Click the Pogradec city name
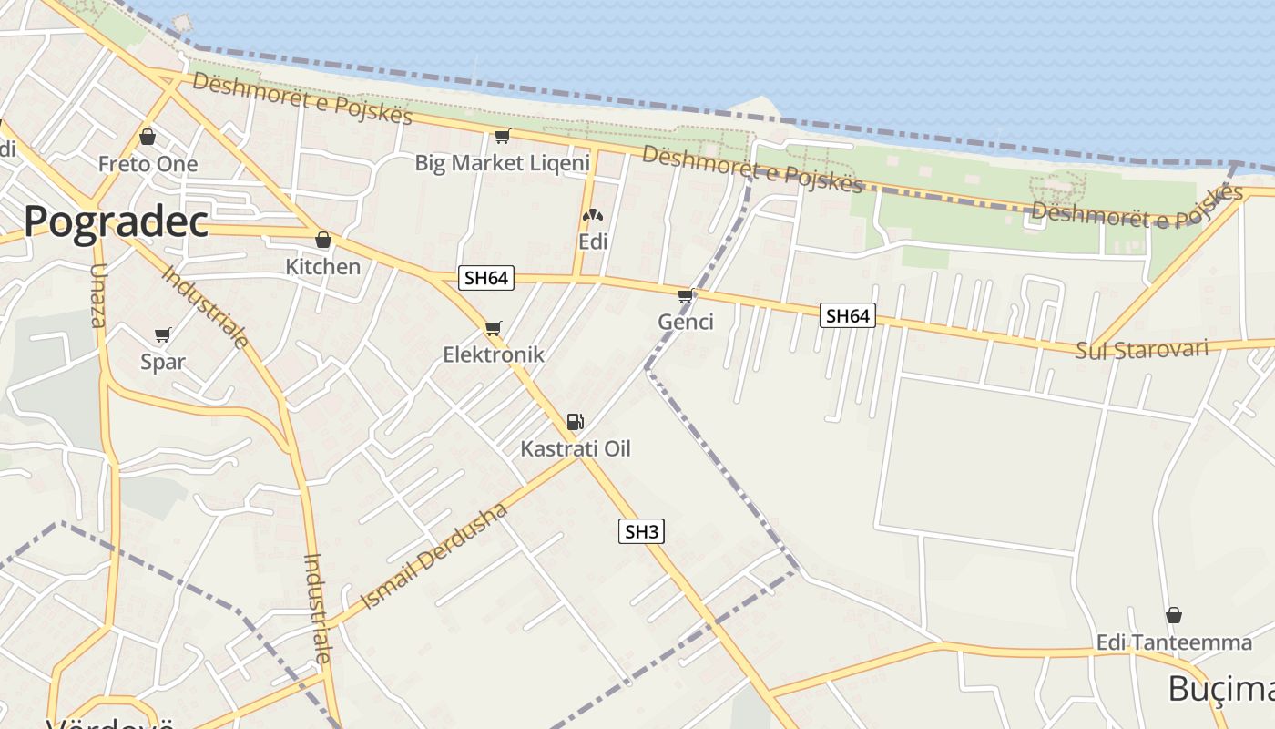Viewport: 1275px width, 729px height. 117,221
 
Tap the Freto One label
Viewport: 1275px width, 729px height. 148,165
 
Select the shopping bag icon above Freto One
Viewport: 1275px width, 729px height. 148,138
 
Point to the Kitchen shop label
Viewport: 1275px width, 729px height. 323,267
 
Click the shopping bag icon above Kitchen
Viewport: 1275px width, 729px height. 322,241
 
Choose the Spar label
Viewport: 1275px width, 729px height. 163,362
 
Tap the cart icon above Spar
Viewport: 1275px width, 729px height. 163,334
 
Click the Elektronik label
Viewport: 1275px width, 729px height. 493,354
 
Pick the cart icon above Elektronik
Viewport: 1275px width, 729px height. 494,328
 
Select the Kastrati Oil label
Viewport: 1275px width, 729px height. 575,448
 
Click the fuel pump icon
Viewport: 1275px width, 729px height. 575,422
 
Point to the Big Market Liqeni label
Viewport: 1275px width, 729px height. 503,163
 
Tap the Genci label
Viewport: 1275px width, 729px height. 686,322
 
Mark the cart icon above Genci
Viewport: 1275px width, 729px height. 686,295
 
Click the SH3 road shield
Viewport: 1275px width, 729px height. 641,531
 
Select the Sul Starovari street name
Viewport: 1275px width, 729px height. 1141,350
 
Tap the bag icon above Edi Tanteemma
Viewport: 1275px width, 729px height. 1174,615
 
